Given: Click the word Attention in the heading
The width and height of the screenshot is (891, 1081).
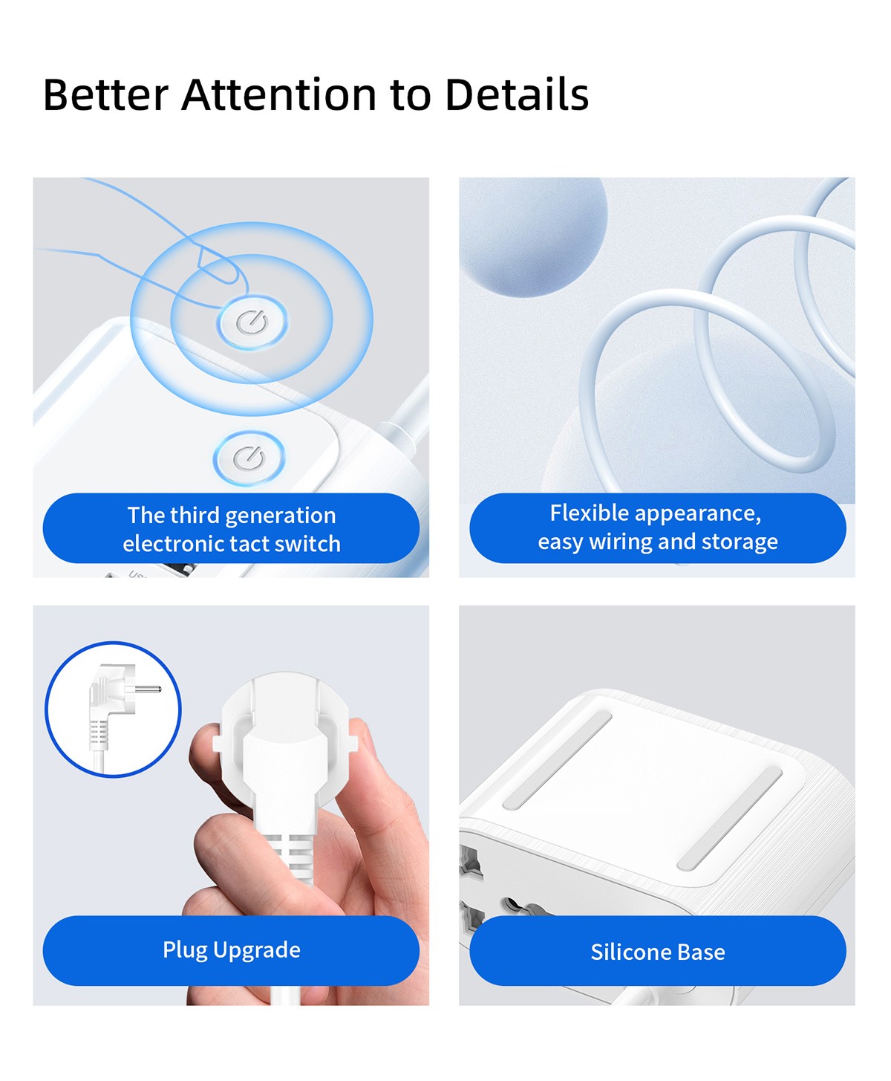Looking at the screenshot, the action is tap(279, 95).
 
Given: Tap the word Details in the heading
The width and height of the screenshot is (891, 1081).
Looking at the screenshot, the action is tap(517, 95).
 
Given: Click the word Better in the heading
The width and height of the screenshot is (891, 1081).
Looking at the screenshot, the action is tap(106, 95).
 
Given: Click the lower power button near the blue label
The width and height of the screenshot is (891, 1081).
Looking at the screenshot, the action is tap(249, 458).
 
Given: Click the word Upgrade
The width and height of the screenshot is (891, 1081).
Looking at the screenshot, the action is tap(257, 950).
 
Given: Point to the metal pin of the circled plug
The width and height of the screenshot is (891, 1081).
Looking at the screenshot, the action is tap(148, 689).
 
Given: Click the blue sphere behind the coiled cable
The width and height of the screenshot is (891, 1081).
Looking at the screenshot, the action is tap(533, 236).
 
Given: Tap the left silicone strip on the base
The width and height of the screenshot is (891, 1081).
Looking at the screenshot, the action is tap(558, 759).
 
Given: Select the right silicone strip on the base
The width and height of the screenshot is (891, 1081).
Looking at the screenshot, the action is tap(730, 819).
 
